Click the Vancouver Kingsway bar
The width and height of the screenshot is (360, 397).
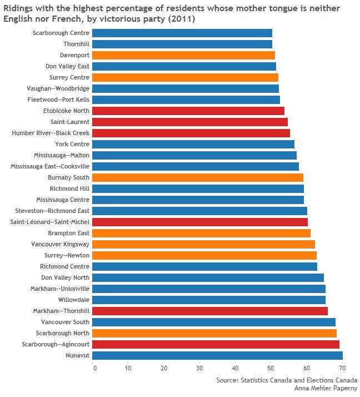(x=204, y=244)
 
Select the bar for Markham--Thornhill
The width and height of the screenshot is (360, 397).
(x=211, y=311)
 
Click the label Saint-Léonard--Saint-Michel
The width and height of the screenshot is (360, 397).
(x=50, y=222)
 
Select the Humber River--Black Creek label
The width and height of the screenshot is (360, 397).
(x=51, y=133)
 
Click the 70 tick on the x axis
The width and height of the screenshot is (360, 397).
(x=342, y=368)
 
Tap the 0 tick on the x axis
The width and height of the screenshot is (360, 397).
(x=94, y=368)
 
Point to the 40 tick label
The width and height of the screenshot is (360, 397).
(x=236, y=368)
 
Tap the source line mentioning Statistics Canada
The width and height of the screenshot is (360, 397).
(x=287, y=380)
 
